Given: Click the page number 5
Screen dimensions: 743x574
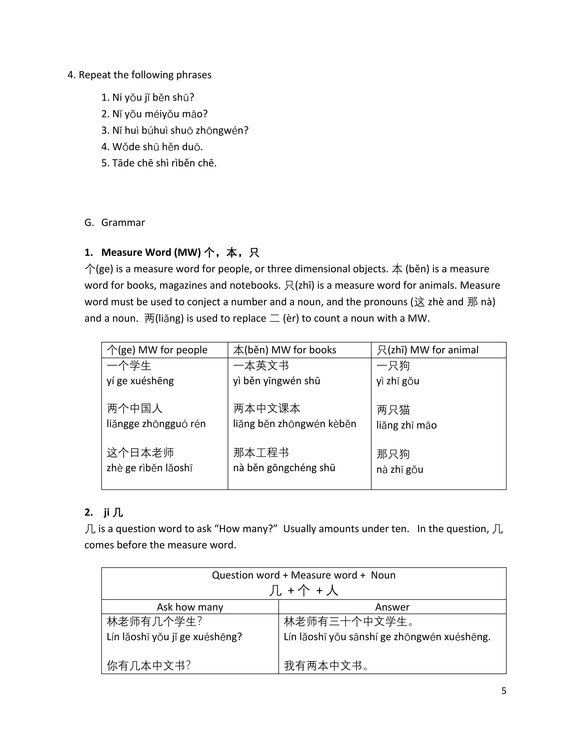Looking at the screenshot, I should [x=504, y=691].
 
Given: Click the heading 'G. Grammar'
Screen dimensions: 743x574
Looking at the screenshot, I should [x=115, y=223].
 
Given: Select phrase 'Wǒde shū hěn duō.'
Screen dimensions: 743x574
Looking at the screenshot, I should [x=152, y=147].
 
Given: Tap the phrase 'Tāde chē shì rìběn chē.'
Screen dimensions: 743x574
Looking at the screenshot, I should [x=159, y=163].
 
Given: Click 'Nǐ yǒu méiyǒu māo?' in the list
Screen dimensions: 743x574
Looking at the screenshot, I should [x=154, y=114].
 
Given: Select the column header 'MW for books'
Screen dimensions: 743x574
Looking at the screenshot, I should [x=285, y=350].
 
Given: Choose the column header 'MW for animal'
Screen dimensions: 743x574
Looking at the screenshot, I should [x=427, y=350].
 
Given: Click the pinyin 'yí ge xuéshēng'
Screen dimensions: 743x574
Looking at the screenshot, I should [x=140, y=381].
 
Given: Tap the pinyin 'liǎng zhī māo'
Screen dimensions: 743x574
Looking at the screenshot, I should [x=406, y=425].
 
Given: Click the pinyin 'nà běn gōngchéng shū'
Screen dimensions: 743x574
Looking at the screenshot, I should [x=284, y=468].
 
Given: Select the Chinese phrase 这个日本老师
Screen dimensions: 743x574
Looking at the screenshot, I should [x=140, y=453].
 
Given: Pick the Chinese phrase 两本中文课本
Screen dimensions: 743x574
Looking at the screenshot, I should [x=267, y=409].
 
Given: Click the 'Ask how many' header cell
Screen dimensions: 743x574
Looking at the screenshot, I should [x=190, y=607].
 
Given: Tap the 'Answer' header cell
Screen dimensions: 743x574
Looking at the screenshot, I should [x=392, y=607].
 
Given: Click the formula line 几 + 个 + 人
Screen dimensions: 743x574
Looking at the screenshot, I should [x=303, y=590].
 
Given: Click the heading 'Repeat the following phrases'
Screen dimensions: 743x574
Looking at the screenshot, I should [x=145, y=75].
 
